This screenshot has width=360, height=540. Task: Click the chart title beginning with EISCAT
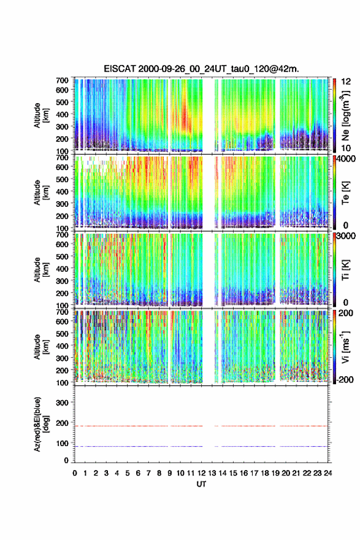coord(201,69)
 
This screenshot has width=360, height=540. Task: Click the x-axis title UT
coord(201,484)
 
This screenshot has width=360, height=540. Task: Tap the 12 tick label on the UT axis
coord(202,473)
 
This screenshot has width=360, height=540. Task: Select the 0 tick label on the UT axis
coord(75,473)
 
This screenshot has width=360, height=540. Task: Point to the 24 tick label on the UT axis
coord(327,473)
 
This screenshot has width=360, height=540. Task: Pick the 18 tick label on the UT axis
coord(265,473)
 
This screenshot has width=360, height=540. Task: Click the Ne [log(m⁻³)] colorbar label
coord(345,115)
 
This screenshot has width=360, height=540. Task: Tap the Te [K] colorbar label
coord(345,193)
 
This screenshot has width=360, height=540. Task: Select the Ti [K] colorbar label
coord(345,269)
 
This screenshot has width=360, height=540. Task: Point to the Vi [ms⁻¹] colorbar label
coord(345,347)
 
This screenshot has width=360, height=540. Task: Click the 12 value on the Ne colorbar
coord(346,81)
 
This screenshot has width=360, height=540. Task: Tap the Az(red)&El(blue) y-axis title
coord(41,424)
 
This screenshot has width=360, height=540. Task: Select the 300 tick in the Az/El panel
coord(63,403)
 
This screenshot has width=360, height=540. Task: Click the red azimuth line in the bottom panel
coord(201,426)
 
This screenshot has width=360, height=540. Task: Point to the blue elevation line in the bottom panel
coord(201,446)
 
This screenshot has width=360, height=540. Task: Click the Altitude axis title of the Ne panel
coord(41,115)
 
